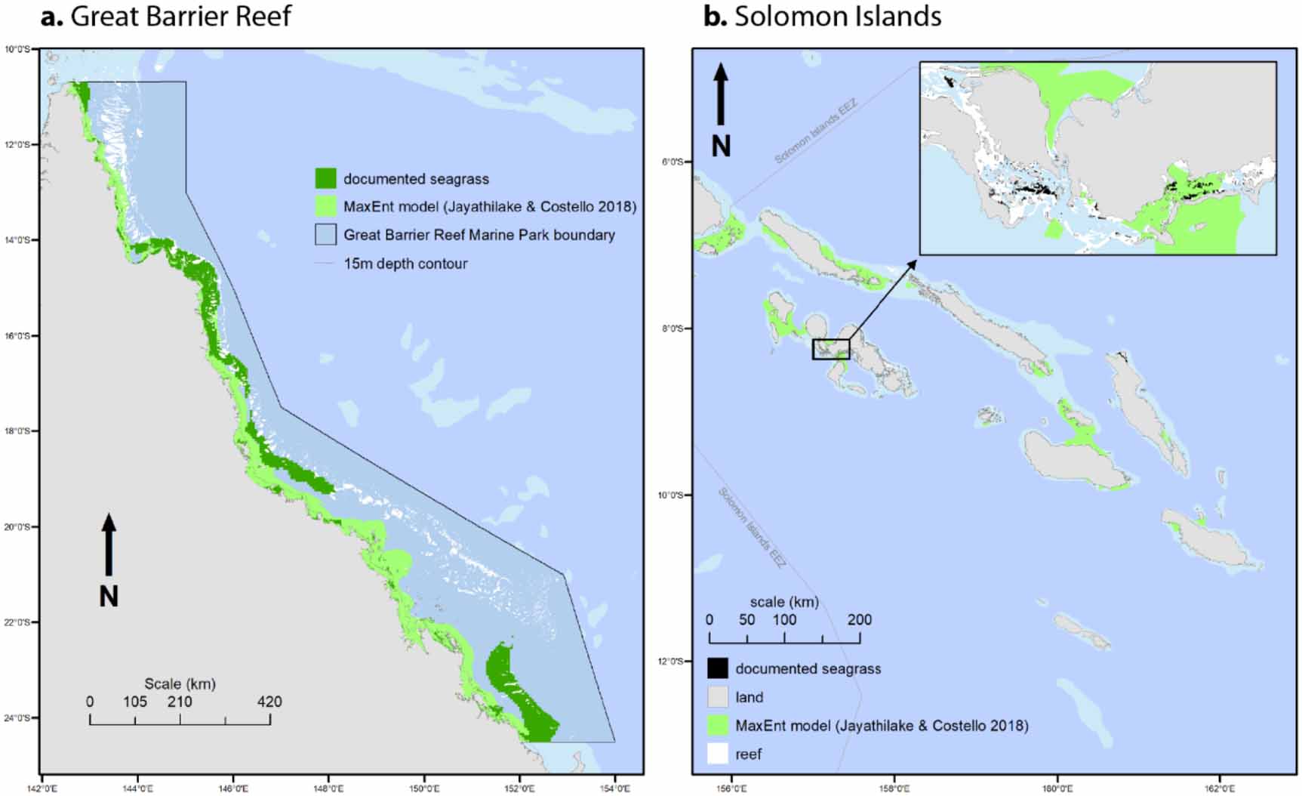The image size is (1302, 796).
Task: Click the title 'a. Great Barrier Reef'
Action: point(166,17)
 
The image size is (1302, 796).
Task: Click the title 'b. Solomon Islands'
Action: point(823,17)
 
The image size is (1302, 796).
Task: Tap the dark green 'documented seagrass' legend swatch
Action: point(326,178)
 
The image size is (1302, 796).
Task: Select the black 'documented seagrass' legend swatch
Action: point(718,668)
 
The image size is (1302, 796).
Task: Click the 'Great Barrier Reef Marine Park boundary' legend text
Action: point(479,235)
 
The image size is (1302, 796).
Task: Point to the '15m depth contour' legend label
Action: point(405,264)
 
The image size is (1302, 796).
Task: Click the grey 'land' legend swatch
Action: point(718,697)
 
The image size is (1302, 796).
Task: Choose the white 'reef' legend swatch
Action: point(718,754)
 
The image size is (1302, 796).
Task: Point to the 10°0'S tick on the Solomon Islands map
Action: point(671,495)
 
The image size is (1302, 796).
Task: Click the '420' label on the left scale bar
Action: point(269,702)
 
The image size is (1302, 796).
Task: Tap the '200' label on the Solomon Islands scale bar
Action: point(860,620)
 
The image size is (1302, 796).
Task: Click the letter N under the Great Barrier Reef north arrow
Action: point(109,597)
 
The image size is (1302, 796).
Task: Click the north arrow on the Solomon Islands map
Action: point(721,94)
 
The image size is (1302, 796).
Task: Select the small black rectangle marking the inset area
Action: point(831,349)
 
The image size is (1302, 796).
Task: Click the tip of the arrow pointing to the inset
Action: point(915,261)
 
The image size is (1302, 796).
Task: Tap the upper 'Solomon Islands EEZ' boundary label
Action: point(816,131)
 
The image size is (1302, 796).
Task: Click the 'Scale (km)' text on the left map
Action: point(180,683)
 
